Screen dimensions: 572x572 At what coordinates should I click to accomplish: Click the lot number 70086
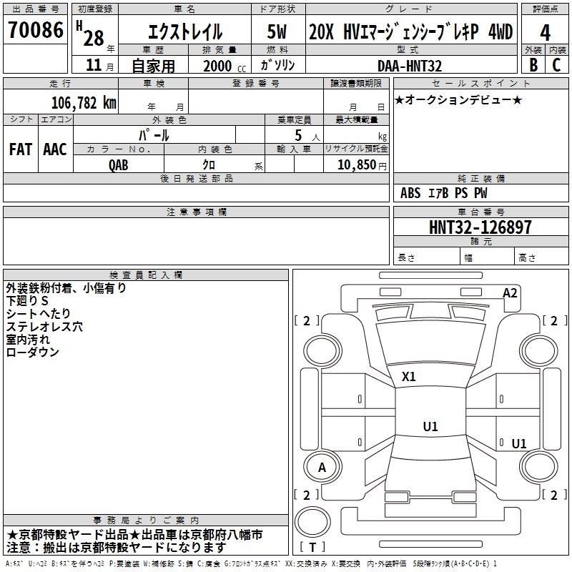pyautogui.click(x=35, y=30)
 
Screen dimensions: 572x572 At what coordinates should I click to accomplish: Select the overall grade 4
pyautogui.click(x=545, y=32)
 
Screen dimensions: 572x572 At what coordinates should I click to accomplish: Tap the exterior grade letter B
pyautogui.click(x=533, y=65)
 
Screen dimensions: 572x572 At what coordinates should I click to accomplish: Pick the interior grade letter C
pyautogui.click(x=556, y=65)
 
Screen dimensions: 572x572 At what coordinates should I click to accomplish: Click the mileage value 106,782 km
pyautogui.click(x=84, y=103)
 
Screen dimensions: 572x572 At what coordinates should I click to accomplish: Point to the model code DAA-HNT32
pyautogui.click(x=410, y=66)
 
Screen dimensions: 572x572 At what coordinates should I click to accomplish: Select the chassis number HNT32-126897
pyautogui.click(x=480, y=227)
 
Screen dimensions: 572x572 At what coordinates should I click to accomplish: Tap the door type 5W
pyautogui.click(x=277, y=31)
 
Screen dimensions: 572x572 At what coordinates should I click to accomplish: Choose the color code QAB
pyautogui.click(x=119, y=165)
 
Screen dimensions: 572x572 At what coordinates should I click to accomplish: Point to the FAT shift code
pyautogui.click(x=21, y=149)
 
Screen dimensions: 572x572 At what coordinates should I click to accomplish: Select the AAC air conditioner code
pyautogui.click(x=55, y=149)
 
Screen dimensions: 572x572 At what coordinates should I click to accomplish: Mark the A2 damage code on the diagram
pyautogui.click(x=510, y=293)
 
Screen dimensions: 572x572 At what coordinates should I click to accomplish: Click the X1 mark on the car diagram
pyautogui.click(x=408, y=377)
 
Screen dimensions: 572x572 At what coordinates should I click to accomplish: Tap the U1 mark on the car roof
pyautogui.click(x=430, y=426)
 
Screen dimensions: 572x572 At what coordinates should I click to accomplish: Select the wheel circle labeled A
pyautogui.click(x=322, y=453)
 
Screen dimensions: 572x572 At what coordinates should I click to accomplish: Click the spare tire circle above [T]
pyautogui.click(x=312, y=506)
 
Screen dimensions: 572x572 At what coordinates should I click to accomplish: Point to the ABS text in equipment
pyautogui.click(x=410, y=193)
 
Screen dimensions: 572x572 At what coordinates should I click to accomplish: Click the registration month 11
pyautogui.click(x=94, y=65)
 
